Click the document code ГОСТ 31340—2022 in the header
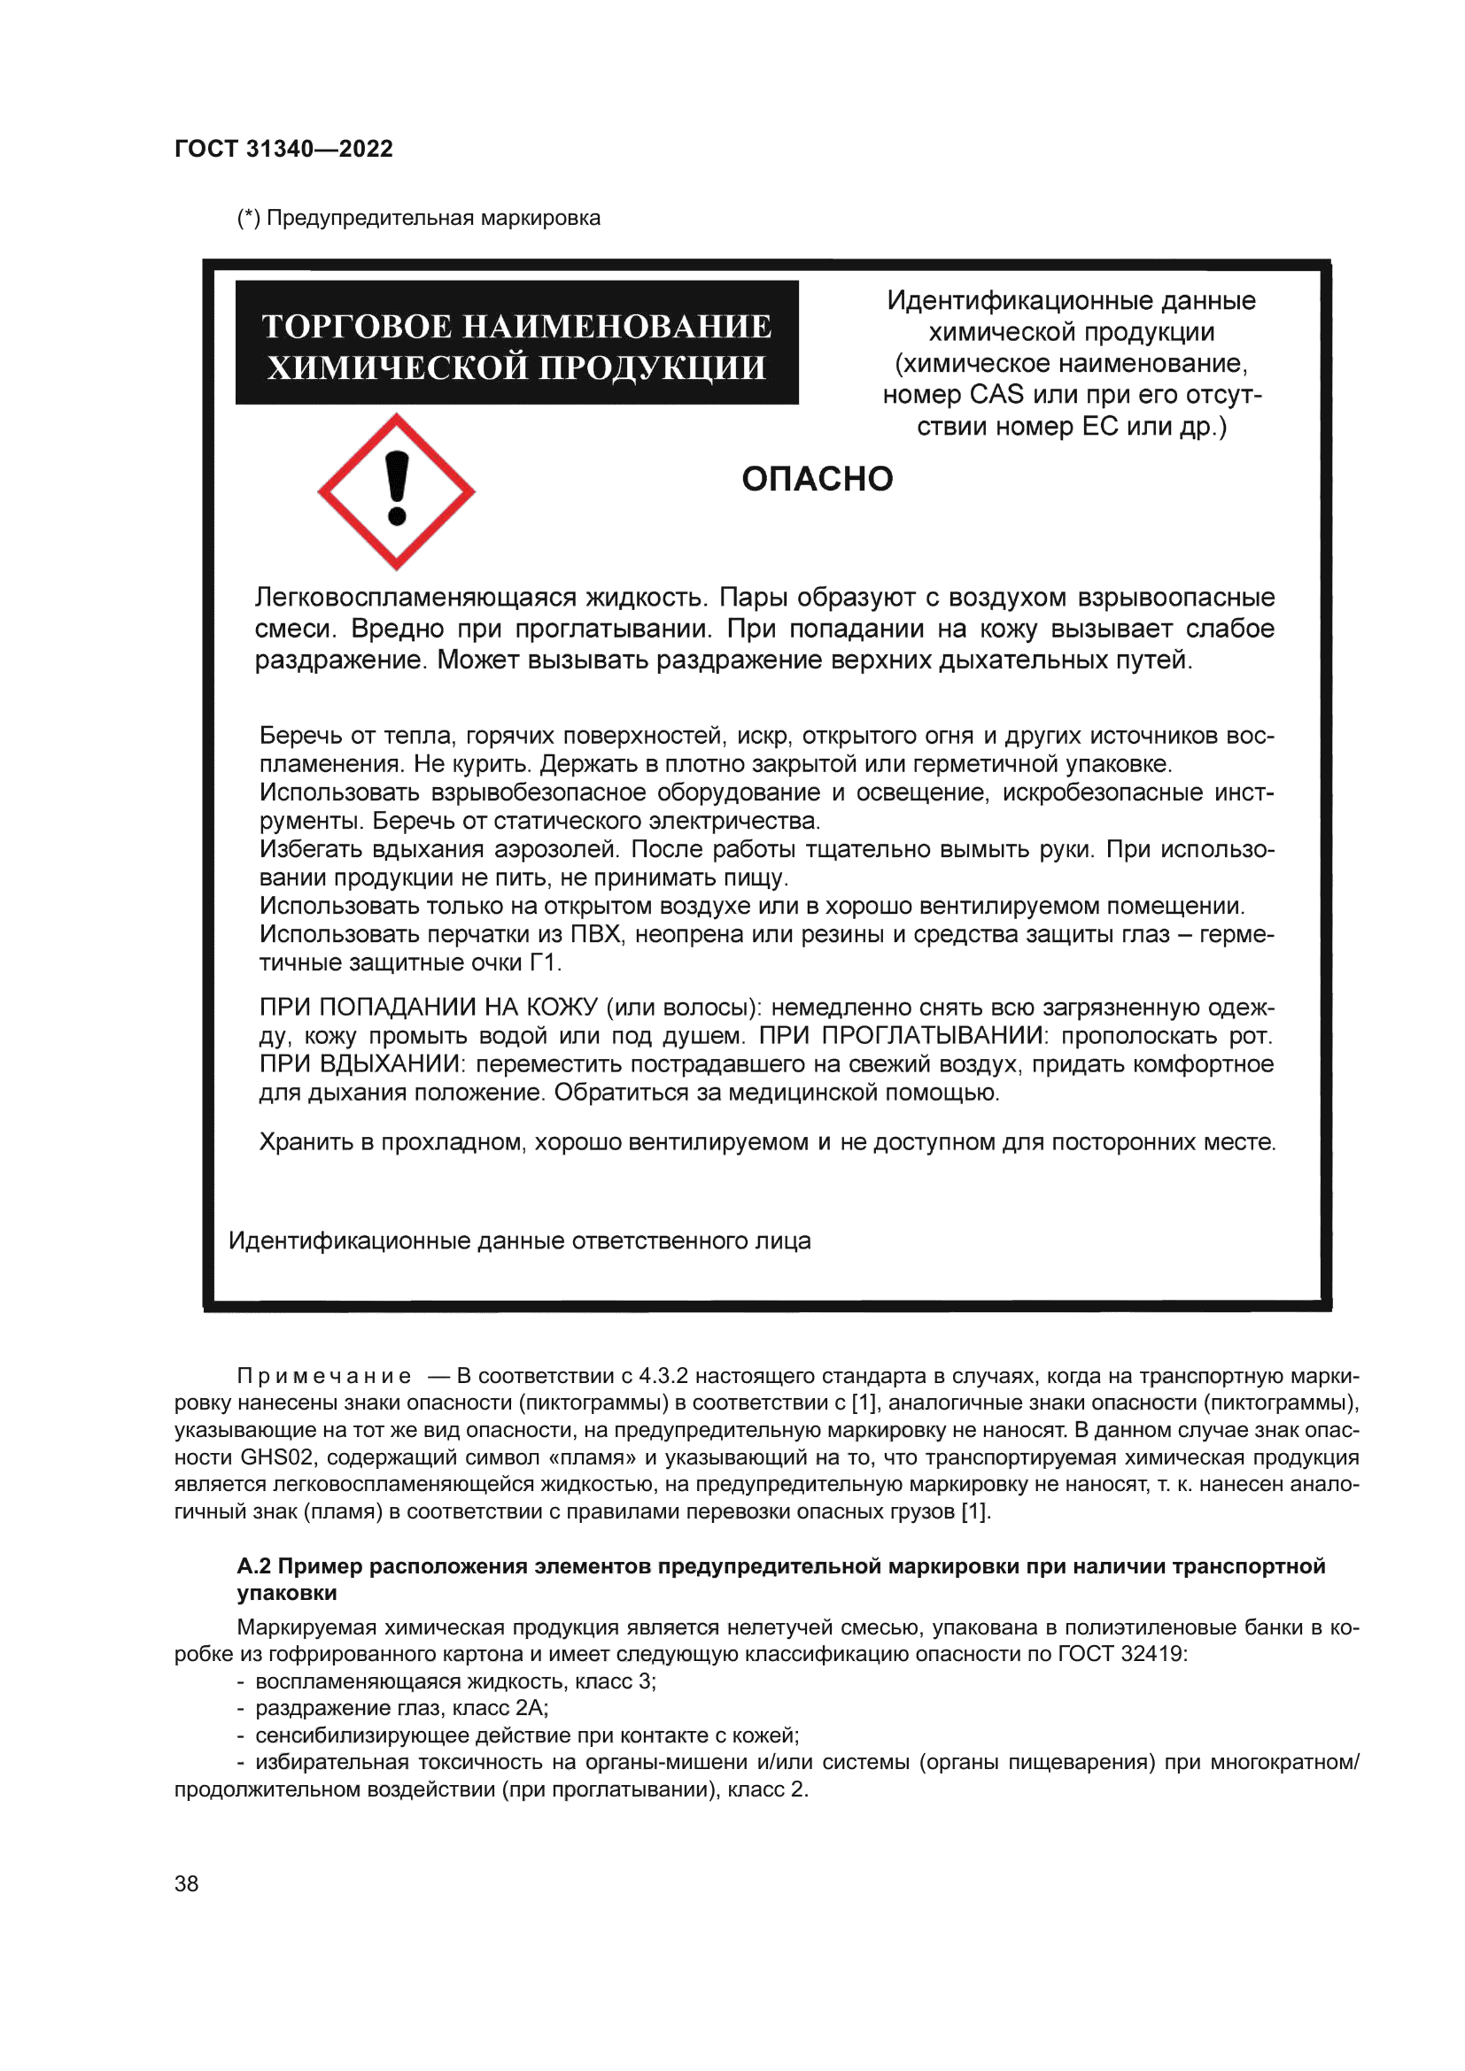(x=283, y=149)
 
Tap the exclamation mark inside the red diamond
(x=396, y=488)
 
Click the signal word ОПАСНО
(x=817, y=479)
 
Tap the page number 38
(x=186, y=1883)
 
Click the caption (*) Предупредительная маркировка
(x=419, y=219)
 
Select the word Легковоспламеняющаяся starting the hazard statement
(x=416, y=598)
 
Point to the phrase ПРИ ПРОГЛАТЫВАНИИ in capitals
(x=901, y=1036)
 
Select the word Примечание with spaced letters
(x=324, y=1377)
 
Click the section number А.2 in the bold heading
(x=253, y=1567)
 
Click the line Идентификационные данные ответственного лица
(x=520, y=1241)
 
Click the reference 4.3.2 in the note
(x=663, y=1377)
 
